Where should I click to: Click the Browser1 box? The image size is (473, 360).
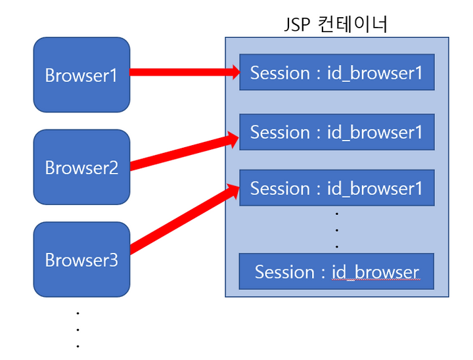pos(81,75)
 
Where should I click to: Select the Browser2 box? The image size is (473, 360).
pos(81,167)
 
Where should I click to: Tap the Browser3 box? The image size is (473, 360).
pos(81,259)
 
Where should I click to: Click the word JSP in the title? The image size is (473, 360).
pos(297,25)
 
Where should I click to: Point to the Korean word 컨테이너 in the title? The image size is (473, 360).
pos(352,24)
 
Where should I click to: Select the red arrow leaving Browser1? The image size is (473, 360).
pos(185,72)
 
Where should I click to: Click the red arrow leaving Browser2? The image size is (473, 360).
pos(185,151)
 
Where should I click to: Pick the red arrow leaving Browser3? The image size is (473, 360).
pos(185,218)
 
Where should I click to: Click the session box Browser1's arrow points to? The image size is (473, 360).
pos(337,72)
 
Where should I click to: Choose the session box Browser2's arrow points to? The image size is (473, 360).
pos(337,132)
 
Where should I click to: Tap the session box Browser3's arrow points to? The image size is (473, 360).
pos(337,188)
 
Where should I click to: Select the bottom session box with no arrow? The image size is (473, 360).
pos(336,271)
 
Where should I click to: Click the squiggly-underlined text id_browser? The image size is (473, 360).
pos(376,272)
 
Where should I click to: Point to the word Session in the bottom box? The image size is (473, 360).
pos(284,272)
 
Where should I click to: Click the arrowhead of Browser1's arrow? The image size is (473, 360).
pos(236,72)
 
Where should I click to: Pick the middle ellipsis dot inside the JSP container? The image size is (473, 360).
pos(337,230)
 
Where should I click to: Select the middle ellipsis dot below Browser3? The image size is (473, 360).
pos(78,330)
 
